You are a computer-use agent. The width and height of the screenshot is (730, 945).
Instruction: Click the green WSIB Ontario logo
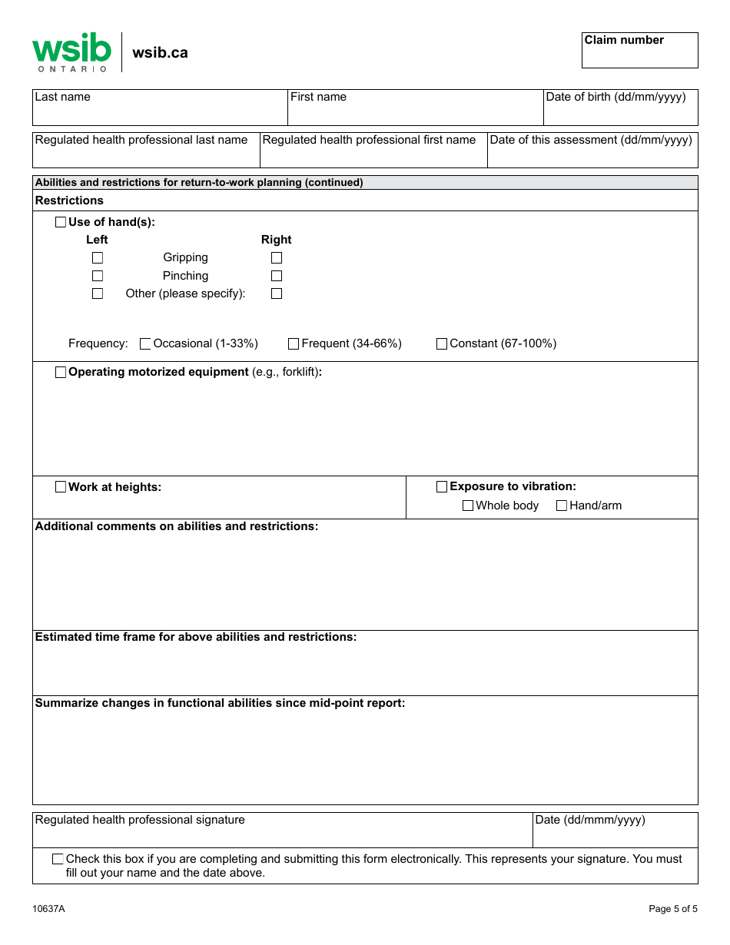click(x=71, y=52)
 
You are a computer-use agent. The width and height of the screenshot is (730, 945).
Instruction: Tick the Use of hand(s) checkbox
click(x=61, y=222)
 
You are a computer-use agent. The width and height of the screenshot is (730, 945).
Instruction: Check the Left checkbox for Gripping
click(x=98, y=258)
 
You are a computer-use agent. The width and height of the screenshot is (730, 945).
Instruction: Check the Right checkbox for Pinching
click(x=277, y=276)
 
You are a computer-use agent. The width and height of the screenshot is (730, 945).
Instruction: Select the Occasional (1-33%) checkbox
click(x=145, y=344)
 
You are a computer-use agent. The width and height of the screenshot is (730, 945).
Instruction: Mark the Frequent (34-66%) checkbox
click(x=294, y=344)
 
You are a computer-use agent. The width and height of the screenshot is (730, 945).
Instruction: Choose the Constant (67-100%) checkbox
click(x=442, y=344)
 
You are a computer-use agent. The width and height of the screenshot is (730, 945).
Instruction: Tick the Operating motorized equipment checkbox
click(x=61, y=373)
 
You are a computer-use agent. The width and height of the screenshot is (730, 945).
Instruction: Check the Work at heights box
click(x=61, y=487)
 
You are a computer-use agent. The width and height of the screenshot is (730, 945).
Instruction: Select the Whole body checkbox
click(x=468, y=506)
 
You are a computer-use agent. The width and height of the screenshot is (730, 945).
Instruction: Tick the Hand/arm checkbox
click(x=562, y=506)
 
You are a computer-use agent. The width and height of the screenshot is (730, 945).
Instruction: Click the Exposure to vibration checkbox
click(x=442, y=487)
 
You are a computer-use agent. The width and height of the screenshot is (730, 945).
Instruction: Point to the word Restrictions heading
click(x=69, y=201)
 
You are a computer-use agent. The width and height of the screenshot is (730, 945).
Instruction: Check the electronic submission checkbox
click(x=58, y=859)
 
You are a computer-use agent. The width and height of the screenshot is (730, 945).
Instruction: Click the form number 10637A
click(x=48, y=909)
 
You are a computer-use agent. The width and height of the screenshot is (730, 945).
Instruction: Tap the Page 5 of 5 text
click(x=673, y=909)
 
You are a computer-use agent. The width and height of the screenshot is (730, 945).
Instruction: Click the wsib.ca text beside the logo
click(x=160, y=53)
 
